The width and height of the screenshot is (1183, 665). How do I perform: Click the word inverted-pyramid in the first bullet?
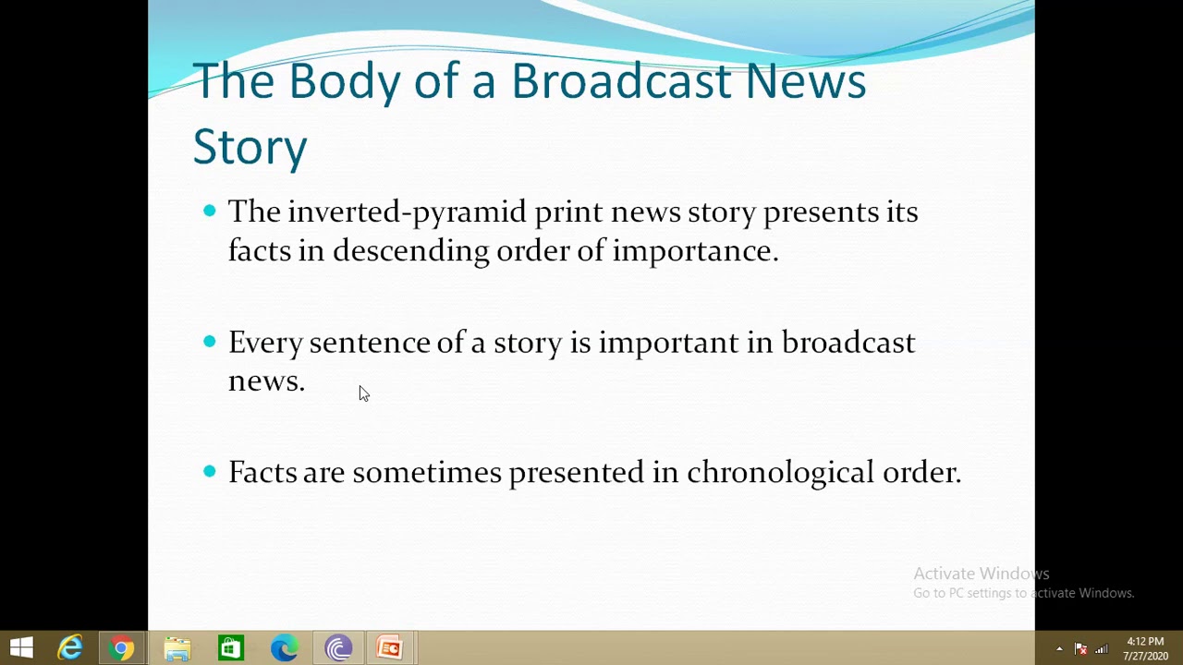tap(406, 212)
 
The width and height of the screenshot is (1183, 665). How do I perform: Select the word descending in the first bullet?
tap(410, 251)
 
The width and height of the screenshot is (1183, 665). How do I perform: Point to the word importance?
tap(694, 251)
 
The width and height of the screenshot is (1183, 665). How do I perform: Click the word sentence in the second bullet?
tap(369, 343)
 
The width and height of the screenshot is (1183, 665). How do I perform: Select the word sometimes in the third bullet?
tap(426, 473)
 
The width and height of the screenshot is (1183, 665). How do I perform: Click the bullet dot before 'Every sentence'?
tap(210, 342)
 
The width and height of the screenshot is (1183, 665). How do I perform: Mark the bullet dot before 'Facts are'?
tap(210, 471)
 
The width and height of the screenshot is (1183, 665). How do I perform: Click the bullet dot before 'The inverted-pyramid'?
tap(210, 211)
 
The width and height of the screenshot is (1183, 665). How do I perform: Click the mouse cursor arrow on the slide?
tap(363, 393)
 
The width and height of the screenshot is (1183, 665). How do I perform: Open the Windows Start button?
tap(21, 647)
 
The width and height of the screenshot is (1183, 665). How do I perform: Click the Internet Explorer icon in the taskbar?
tap(70, 647)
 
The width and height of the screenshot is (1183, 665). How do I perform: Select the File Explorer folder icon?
tap(177, 647)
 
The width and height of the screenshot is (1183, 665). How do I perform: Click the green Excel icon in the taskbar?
tap(230, 647)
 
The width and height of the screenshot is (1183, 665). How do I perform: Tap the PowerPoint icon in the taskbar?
tap(390, 647)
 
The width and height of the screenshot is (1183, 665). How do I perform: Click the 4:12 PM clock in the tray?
tap(1145, 641)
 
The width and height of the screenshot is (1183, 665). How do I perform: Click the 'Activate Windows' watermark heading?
tap(981, 574)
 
